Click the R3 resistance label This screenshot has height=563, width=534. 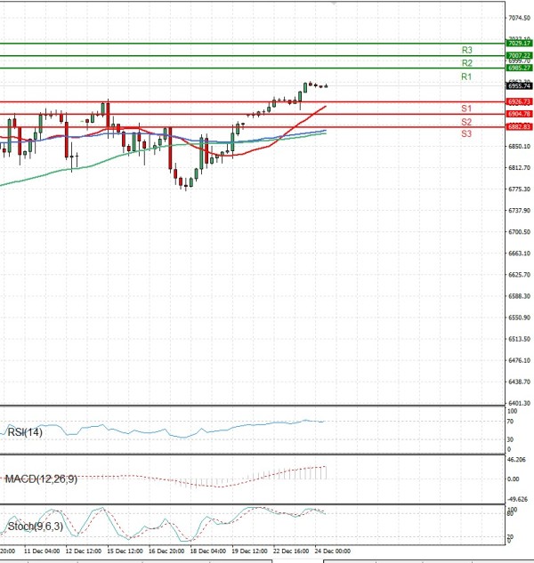(466, 50)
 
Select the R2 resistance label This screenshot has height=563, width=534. (466, 63)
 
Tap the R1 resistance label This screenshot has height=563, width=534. (466, 77)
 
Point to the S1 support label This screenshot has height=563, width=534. (466, 108)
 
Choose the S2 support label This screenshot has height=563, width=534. (466, 121)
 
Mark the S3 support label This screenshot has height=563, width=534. (466, 133)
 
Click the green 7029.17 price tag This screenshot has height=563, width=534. (519, 43)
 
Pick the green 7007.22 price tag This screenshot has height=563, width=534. (519, 55)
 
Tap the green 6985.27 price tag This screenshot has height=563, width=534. (519, 68)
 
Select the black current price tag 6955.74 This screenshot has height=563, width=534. (519, 85)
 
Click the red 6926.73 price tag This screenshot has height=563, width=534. (519, 102)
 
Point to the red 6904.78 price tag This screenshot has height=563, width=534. (519, 115)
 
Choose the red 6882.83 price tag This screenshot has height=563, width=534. (519, 127)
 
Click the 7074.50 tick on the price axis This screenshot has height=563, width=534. (520, 18)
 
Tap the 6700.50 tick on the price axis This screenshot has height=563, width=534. (520, 232)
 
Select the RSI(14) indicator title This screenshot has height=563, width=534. (24, 432)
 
